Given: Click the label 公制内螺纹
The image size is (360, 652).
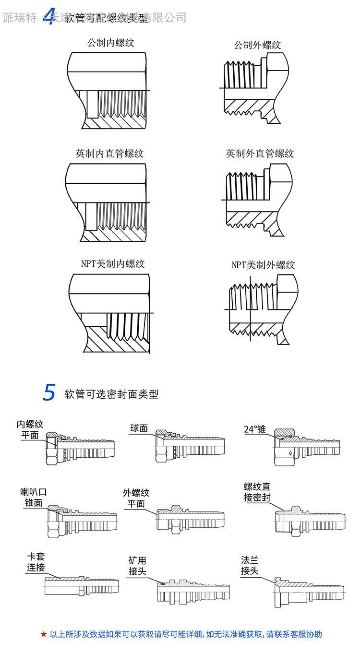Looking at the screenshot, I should point(110,43).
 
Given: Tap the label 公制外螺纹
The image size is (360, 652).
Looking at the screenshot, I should point(257,45).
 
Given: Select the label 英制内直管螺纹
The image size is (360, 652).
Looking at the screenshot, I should point(109,154).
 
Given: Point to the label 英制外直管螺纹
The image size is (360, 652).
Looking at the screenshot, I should point(260,154).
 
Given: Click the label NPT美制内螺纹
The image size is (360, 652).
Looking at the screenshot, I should point(113,264).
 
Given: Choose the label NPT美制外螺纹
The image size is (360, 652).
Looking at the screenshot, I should point(263,265).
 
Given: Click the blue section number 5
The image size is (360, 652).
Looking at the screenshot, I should point(49,392).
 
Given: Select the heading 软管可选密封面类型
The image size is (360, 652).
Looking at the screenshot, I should point(111,394).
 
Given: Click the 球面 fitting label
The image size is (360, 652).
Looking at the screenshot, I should point(139,428).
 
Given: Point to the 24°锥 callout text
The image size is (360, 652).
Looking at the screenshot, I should point(254,429).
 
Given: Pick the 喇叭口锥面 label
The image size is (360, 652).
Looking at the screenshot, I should point(33,498).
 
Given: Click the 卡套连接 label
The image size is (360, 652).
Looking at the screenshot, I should point(36,563).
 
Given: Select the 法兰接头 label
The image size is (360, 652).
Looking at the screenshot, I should point(250,566).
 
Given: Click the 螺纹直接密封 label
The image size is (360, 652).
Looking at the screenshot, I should point(257,493).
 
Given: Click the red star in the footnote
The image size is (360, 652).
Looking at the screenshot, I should point(44,634).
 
